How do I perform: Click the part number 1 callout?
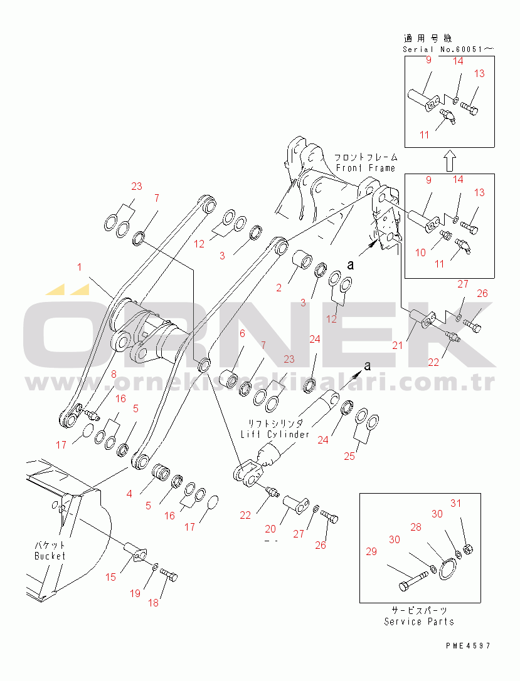click(79, 267)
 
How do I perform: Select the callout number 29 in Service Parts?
click(371, 551)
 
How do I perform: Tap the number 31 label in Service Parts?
click(455, 503)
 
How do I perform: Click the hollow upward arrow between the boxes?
click(450, 160)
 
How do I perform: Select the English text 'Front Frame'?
click(365, 168)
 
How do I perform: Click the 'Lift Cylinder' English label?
click(275, 434)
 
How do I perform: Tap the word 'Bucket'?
click(50, 556)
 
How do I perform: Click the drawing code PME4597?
click(469, 646)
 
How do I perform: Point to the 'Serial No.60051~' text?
click(448, 49)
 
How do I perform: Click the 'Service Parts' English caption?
click(418, 621)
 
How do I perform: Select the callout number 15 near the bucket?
click(111, 577)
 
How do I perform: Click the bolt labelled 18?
click(169, 575)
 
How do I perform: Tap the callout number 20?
click(270, 529)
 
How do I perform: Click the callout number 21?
click(398, 345)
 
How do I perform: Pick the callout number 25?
click(349, 456)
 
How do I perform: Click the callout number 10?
click(420, 252)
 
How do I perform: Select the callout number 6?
click(242, 333)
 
